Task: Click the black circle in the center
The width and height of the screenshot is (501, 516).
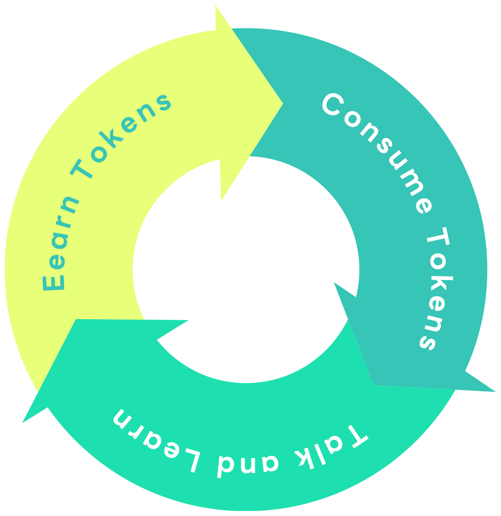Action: [246, 269]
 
